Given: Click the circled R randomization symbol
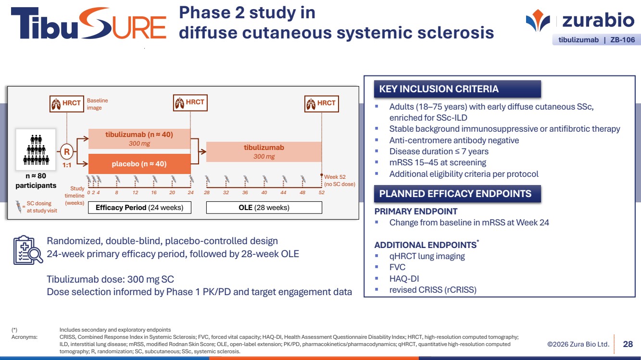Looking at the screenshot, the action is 67,151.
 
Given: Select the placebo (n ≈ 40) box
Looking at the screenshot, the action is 139,164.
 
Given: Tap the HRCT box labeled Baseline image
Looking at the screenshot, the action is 67,103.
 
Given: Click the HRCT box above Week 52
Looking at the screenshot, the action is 322,103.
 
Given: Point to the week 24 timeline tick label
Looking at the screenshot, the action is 190,192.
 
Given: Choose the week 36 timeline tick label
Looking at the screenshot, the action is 245,192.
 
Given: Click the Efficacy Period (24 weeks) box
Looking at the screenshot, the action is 139,208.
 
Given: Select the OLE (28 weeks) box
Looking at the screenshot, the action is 264,208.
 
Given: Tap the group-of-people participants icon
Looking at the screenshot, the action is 36,149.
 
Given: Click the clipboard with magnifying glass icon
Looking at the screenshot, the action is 28,250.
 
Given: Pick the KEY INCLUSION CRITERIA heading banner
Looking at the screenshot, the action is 457,89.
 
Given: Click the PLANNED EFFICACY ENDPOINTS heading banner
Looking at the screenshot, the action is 457,194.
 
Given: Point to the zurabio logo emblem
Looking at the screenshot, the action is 538,20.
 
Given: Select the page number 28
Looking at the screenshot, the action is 628,344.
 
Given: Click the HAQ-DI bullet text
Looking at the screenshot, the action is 404,278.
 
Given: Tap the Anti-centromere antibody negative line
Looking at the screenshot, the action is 454,140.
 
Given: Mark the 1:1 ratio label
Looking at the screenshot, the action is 67,165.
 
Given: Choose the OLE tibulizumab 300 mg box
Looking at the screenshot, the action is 264,152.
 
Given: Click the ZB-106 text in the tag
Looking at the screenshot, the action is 623,40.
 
